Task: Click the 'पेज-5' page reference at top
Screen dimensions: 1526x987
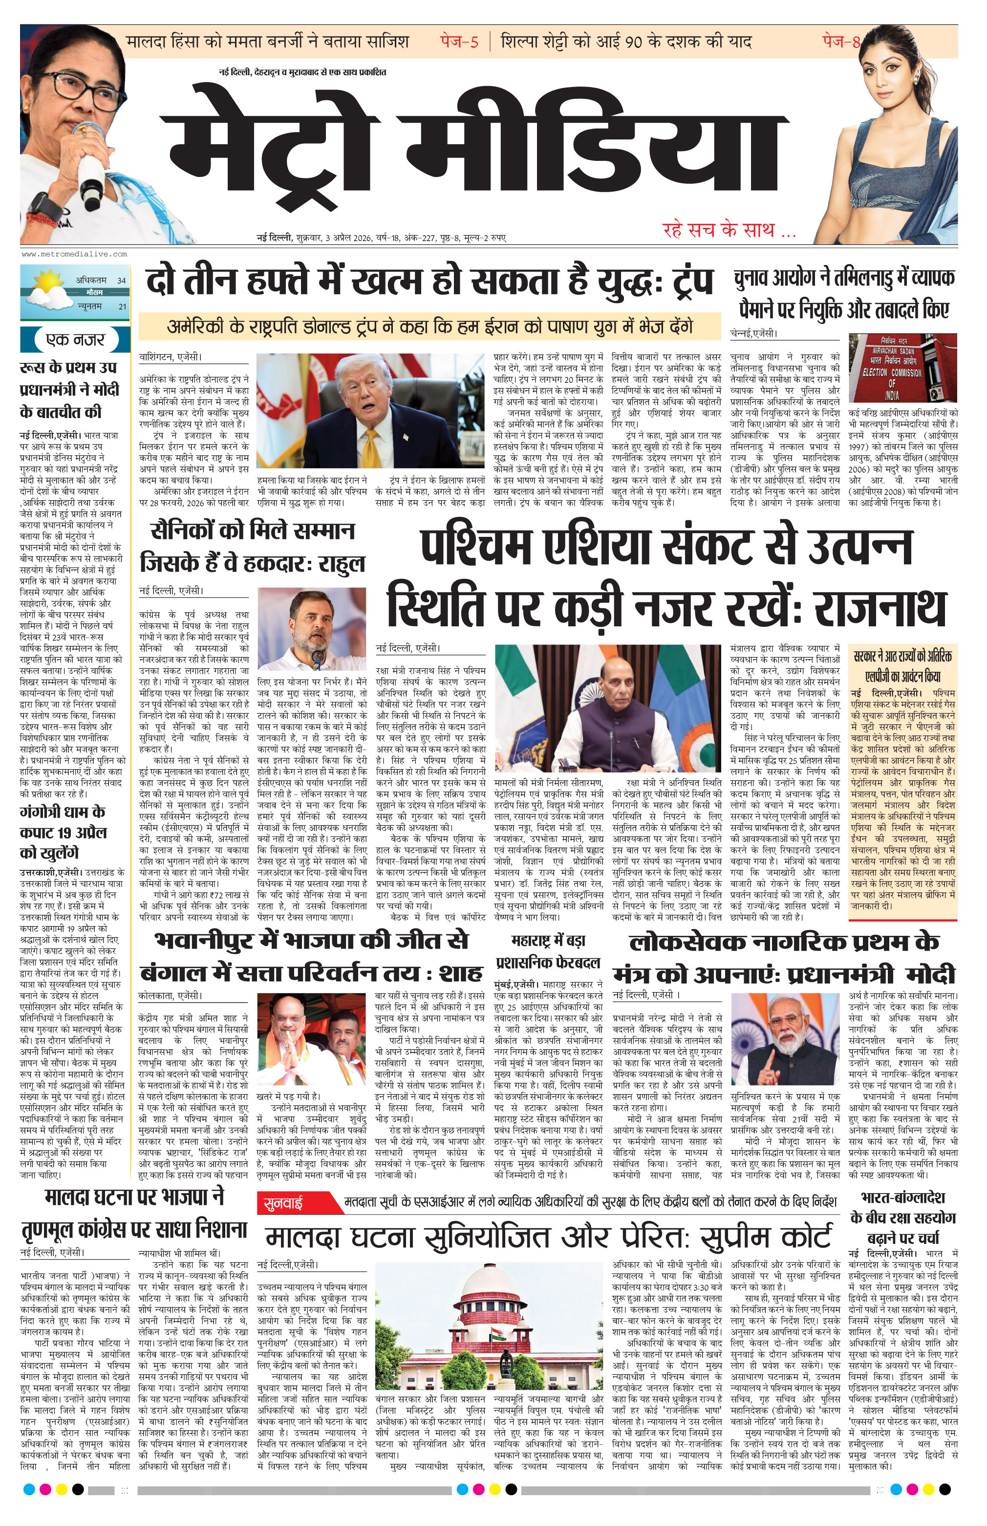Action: tap(459, 43)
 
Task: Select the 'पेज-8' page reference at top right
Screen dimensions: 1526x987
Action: tap(841, 43)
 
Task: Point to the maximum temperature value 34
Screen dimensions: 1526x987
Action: tap(121, 280)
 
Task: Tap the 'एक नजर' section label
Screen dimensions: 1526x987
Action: tap(75, 339)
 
